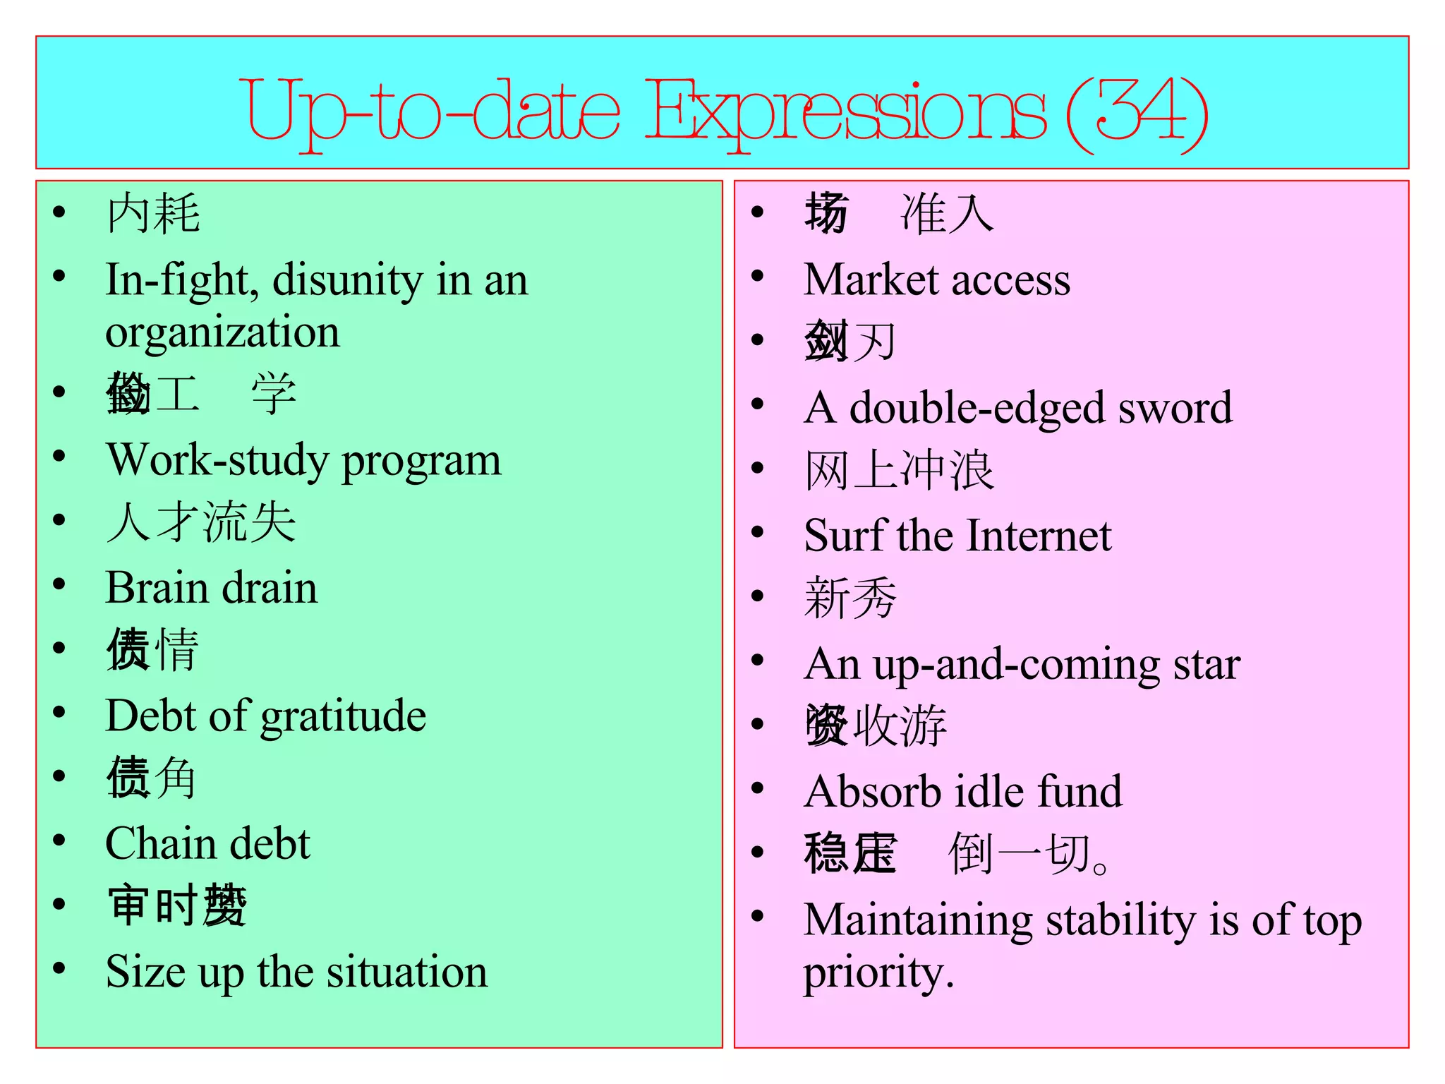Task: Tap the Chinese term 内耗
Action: point(153,214)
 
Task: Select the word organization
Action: point(222,332)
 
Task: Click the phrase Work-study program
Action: point(303,460)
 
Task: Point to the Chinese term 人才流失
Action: point(201,523)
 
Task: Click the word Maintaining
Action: point(918,920)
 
